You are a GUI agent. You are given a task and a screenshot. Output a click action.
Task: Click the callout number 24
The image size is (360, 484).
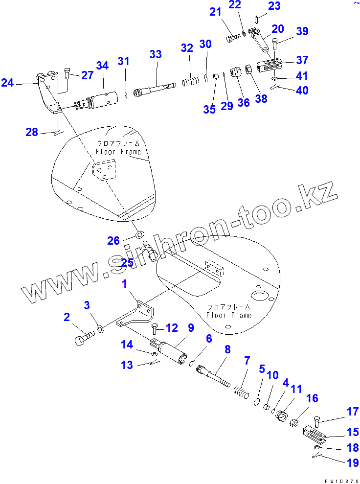7,83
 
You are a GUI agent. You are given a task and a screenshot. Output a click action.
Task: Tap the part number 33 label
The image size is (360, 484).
156,54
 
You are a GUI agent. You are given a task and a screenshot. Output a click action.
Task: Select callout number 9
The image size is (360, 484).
190,327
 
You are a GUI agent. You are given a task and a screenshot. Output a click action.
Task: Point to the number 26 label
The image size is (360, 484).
113,240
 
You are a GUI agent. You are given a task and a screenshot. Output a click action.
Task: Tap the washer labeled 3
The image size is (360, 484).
100,328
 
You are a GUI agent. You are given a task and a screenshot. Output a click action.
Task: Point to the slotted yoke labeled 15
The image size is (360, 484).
317,433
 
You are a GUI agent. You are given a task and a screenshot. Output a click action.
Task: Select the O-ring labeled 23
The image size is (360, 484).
258,20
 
